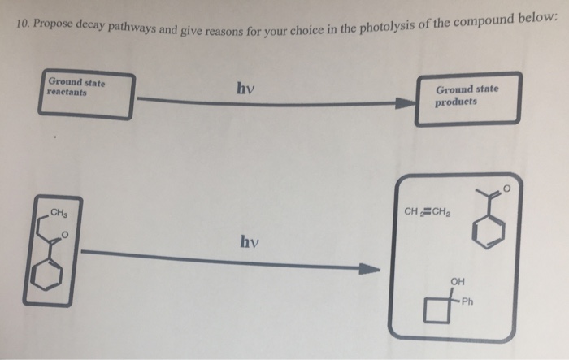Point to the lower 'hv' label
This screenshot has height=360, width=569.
tap(250, 241)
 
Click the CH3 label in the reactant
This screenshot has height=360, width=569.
tap(59, 214)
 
